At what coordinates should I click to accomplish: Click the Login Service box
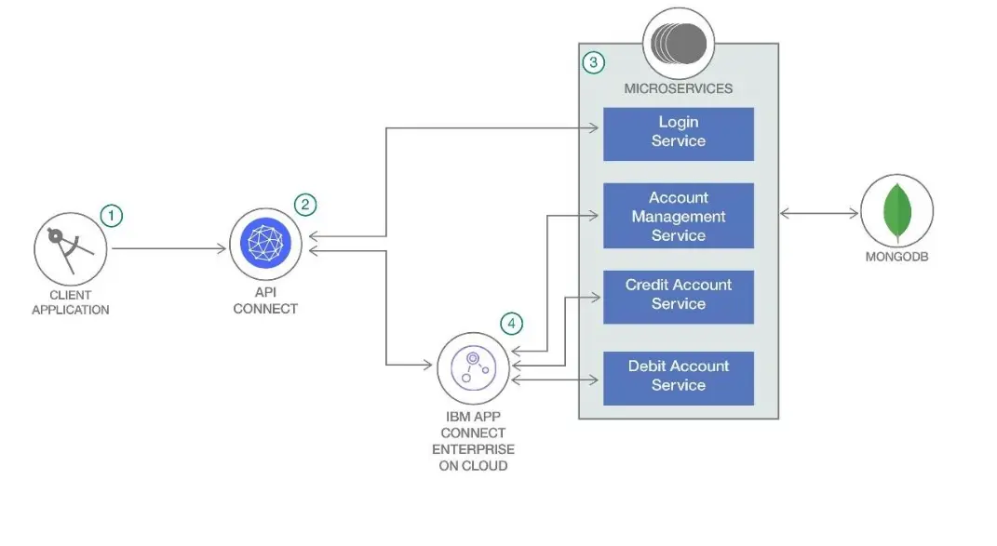pos(678,133)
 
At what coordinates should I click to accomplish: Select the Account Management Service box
pos(678,216)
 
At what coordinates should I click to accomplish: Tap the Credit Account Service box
pos(678,296)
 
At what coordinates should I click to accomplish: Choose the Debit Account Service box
pos(678,377)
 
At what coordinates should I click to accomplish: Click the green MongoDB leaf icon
pos(896,212)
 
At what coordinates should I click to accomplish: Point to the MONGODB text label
pos(896,257)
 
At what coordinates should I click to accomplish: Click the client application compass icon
pos(71,248)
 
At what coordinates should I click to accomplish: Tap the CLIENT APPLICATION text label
pos(71,302)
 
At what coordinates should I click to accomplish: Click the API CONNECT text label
pos(265,301)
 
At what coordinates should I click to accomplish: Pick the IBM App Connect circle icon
pos(474,366)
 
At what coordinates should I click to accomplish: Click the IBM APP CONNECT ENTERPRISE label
pos(473,441)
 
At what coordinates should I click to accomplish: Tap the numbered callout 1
pos(112,216)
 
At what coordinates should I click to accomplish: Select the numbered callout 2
pos(305,205)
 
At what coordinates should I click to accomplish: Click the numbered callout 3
pos(593,62)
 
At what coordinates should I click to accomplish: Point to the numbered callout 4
pos(511,324)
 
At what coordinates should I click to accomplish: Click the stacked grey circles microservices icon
pos(679,43)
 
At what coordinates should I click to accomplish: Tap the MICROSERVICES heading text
pos(679,88)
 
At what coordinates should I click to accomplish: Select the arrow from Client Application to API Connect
pos(168,248)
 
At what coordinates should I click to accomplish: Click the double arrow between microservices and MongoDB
pos(819,214)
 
